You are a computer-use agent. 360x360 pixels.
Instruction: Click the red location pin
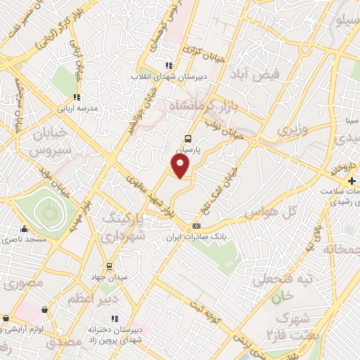181,166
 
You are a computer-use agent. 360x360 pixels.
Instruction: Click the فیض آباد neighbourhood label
259,74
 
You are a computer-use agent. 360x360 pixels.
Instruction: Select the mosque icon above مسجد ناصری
25,229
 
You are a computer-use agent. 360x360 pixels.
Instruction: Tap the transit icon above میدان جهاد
109,266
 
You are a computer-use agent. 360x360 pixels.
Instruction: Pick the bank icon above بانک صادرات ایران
196,226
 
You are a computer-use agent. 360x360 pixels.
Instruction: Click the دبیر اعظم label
91,299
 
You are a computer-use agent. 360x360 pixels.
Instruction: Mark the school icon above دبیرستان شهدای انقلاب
168,65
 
